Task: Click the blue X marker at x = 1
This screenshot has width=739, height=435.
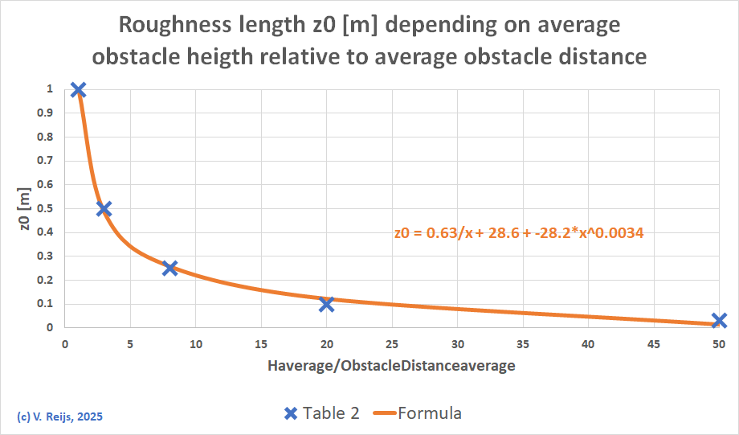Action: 78,90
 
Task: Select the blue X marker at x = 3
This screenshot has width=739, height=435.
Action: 104,209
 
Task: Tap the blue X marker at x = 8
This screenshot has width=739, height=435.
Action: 169,268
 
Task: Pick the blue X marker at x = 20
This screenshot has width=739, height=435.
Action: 326,304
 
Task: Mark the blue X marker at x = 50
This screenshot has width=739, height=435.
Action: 719,320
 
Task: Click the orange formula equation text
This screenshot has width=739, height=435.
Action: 519,233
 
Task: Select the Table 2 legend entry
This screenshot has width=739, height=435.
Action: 322,413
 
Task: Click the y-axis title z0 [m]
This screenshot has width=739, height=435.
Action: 26,210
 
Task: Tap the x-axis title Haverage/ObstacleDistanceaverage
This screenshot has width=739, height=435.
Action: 391,366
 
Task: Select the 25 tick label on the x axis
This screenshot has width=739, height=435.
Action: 391,344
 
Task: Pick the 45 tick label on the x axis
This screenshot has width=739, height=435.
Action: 653,344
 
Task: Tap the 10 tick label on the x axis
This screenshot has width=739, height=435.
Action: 195,344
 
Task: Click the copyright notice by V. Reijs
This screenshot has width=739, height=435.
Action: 59,417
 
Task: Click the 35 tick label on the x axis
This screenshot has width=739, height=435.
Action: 522,344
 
